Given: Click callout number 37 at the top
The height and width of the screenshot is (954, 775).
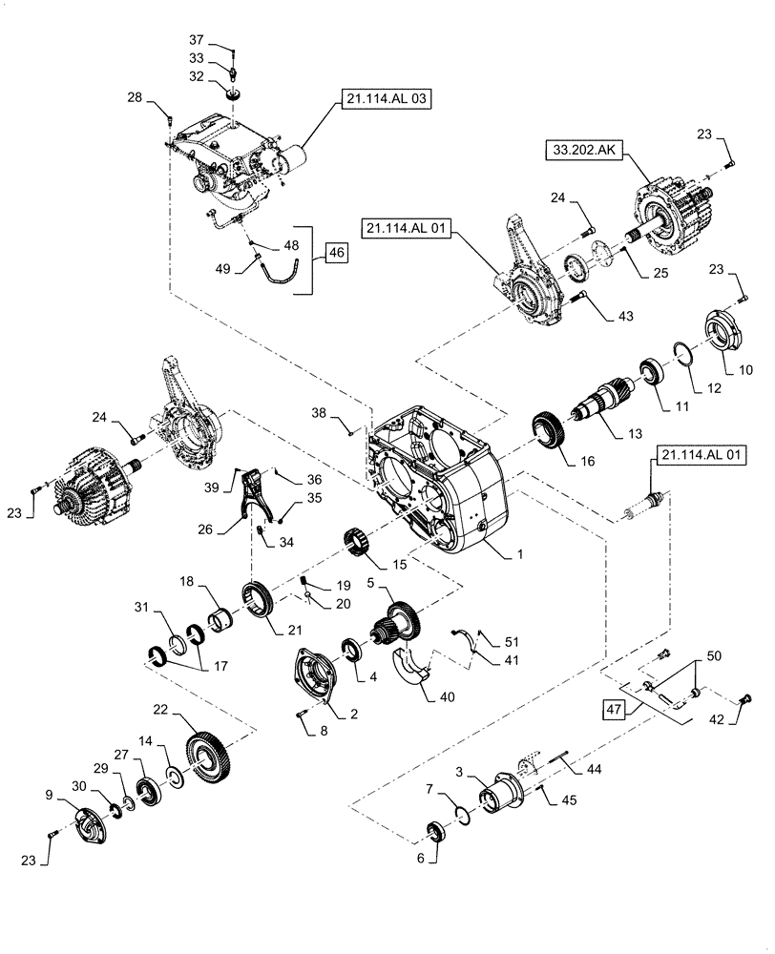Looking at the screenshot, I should tap(196, 40).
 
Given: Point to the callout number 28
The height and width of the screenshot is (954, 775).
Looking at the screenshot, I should tap(134, 97).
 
